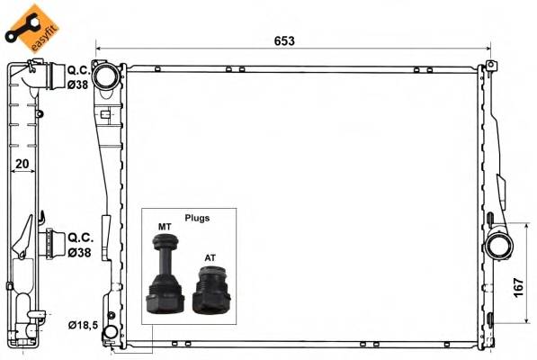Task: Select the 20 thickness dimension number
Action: pos(22,165)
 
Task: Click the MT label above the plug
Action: pos(165,227)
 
